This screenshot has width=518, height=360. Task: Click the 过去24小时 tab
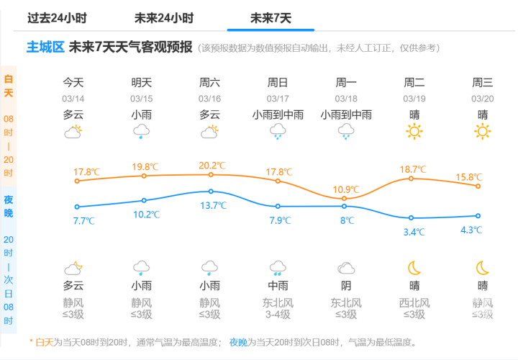click(58, 18)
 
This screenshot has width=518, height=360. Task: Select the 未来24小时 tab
click(164, 18)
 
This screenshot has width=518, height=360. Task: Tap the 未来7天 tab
click(271, 18)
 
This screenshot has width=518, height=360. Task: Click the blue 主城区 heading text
click(46, 48)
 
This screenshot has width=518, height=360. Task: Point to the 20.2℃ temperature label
click(210, 166)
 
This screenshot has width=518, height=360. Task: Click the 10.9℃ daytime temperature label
click(345, 189)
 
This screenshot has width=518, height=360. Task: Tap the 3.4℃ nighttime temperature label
click(414, 232)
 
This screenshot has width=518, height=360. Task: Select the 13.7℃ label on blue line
click(212, 205)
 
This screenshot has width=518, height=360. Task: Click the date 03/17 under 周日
click(278, 99)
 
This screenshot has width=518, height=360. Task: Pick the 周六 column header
click(209, 82)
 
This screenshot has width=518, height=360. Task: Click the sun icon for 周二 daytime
click(414, 131)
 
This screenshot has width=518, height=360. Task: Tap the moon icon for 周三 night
click(483, 268)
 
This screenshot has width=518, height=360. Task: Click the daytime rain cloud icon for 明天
click(142, 131)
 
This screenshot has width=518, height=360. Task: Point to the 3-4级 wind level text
click(278, 314)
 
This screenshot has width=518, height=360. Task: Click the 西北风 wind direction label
click(414, 302)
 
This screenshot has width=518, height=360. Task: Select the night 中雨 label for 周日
click(278, 285)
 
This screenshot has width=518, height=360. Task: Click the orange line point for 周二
click(412, 178)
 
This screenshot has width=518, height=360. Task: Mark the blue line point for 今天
click(77, 207)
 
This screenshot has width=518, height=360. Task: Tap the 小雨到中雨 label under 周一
click(346, 114)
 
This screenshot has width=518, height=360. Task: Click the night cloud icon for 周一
click(346, 269)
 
